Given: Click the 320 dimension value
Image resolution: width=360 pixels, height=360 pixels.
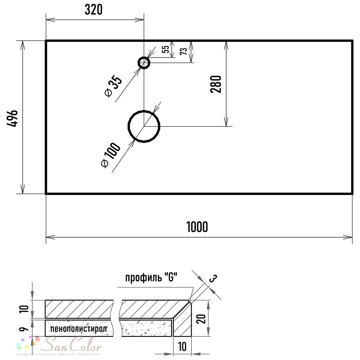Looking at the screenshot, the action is (94, 10).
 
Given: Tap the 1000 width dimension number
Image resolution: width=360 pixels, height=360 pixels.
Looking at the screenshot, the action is (197, 227).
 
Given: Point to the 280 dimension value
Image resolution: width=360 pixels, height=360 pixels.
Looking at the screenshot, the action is (216, 84).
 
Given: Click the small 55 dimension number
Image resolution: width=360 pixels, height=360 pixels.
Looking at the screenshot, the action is (166, 49).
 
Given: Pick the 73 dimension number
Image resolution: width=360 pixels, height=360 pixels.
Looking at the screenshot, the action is (184, 51).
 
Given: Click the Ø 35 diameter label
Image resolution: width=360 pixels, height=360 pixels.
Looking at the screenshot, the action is (113, 87).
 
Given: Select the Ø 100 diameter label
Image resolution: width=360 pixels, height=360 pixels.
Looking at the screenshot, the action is (111, 155).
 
